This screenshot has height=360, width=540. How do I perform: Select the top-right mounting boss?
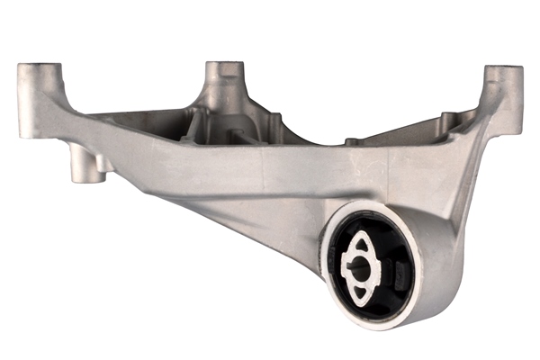click(x=504, y=90)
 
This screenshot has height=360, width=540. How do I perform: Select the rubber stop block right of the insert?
click(x=400, y=265)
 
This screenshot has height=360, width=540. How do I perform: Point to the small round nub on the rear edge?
click(x=355, y=140)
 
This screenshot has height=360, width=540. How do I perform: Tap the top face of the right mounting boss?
click(x=504, y=69)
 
